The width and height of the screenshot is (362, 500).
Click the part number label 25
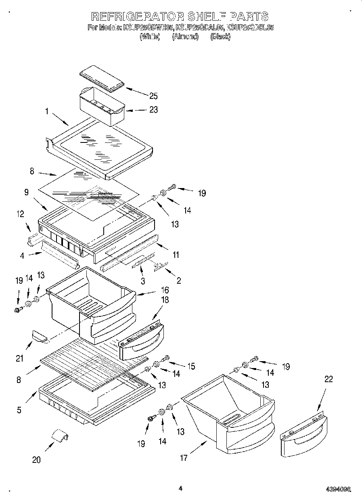coord(153,96)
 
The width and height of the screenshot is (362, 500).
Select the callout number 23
coord(153,110)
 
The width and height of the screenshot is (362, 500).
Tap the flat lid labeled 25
coord(101,77)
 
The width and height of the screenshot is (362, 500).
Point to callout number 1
coord(47,112)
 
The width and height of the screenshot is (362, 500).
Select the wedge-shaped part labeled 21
coord(39,335)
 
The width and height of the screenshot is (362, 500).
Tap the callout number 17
coord(184,458)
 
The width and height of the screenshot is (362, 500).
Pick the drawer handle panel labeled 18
coord(141,339)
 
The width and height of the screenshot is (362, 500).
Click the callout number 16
coord(165,290)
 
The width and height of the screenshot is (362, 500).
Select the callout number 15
coord(190,366)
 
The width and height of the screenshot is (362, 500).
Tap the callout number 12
coord(20,214)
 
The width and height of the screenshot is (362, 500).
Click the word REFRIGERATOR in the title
coord(137,17)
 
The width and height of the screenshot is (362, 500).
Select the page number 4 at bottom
coord(180,488)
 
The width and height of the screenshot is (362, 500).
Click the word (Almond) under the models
coord(186,37)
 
